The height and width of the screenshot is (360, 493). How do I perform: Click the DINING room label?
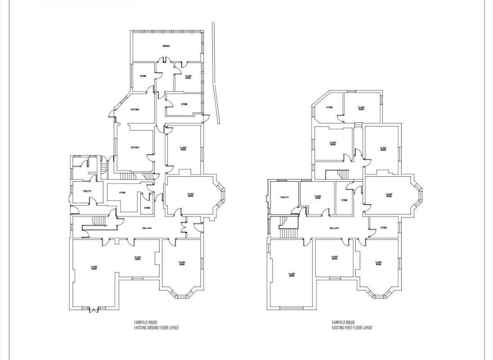click(x=166, y=46)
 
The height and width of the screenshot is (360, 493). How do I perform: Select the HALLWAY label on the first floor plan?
click(x=334, y=228)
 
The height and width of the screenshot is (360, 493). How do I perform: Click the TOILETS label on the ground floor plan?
click(x=87, y=191)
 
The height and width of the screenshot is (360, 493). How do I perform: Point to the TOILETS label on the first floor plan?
click(x=284, y=197)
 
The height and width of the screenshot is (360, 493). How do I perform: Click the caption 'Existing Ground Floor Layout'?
click(x=156, y=325)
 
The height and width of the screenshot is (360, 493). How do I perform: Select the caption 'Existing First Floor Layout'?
click(x=352, y=325)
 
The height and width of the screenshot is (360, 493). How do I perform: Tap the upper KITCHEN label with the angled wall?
click(x=134, y=110)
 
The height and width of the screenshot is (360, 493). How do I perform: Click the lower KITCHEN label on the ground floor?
click(x=134, y=147)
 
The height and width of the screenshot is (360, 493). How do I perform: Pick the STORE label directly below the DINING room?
click(x=143, y=76)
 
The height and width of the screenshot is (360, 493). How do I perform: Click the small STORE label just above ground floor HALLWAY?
click(x=147, y=208)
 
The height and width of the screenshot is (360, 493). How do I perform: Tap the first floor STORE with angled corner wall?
click(x=329, y=107)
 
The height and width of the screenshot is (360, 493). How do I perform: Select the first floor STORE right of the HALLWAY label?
click(x=383, y=228)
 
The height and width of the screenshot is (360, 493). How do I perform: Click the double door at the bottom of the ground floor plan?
click(x=94, y=310)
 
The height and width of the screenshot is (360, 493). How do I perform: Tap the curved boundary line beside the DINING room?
click(x=216, y=72)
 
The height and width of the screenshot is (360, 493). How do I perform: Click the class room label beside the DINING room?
click(x=188, y=77)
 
